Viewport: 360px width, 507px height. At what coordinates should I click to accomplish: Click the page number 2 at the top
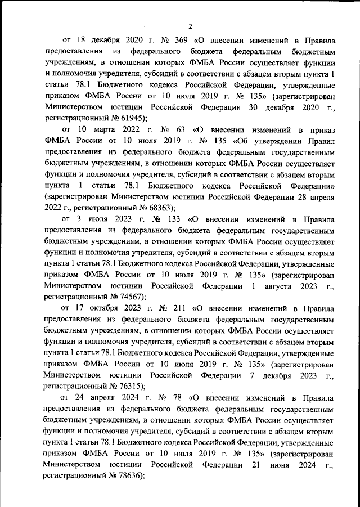(x=190, y=26)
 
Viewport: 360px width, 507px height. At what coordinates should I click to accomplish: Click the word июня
(x=285, y=465)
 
